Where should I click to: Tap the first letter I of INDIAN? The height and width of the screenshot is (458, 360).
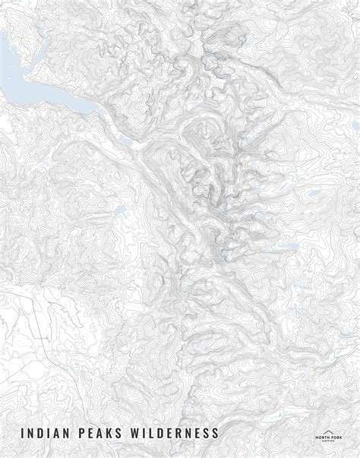click(x=24, y=434)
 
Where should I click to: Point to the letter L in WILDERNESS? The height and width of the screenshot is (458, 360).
click(x=158, y=434)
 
